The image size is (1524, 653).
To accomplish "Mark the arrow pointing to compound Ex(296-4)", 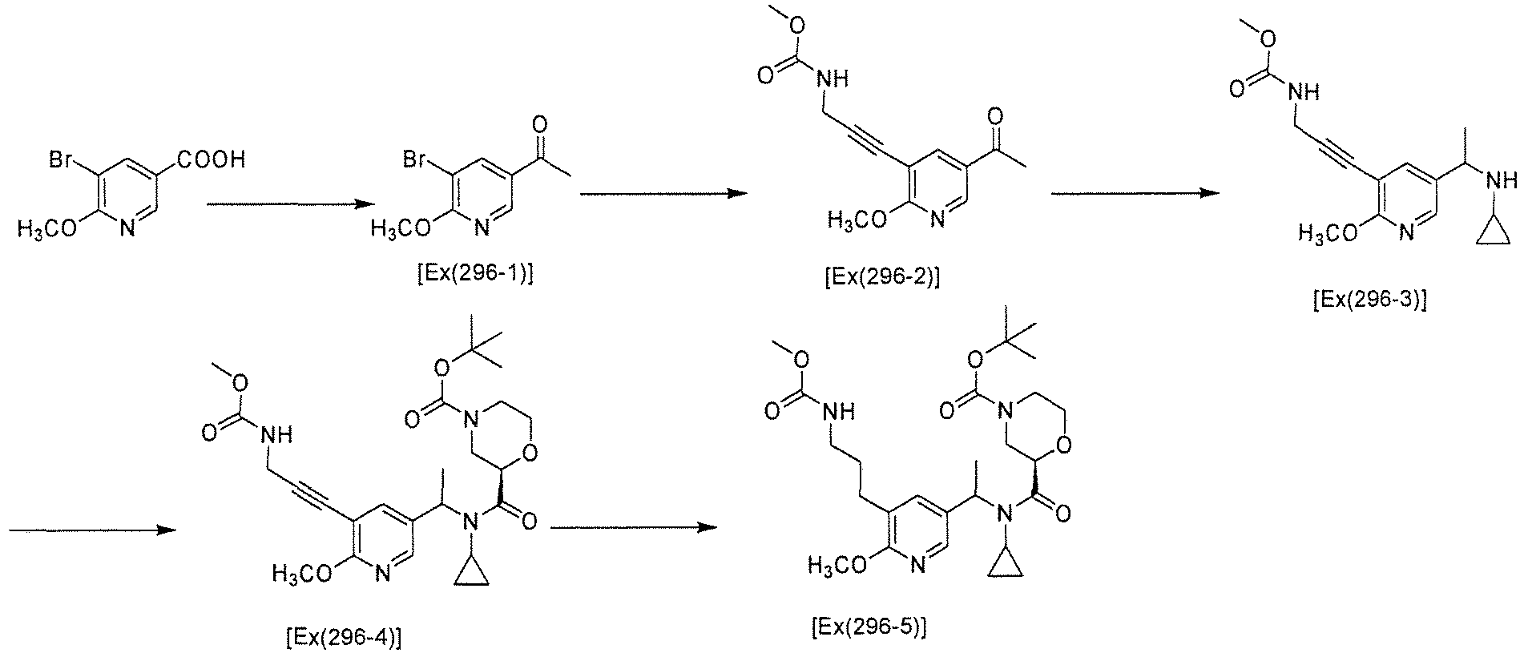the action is point(91,530).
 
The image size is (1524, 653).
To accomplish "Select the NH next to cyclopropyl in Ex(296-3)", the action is point(1498,181).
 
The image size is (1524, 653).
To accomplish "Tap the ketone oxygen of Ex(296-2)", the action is point(998,118).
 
